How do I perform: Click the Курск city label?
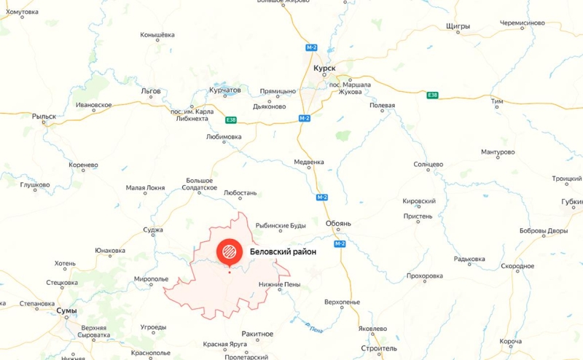[x=324, y=68]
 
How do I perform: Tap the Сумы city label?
[x=66, y=310]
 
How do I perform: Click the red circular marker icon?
[x=229, y=252]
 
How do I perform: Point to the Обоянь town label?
[x=337, y=223]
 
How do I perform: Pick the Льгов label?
[x=151, y=91]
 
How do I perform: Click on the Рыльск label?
[x=44, y=116]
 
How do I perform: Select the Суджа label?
[x=153, y=230]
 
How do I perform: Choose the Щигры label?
[x=458, y=26]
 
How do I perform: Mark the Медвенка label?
[x=309, y=162]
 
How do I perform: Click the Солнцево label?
[x=428, y=165]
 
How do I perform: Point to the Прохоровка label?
[x=425, y=275]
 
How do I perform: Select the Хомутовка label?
[x=21, y=12]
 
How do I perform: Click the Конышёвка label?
[x=157, y=35]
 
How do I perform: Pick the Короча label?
[x=511, y=341]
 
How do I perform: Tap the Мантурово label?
[x=498, y=152]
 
